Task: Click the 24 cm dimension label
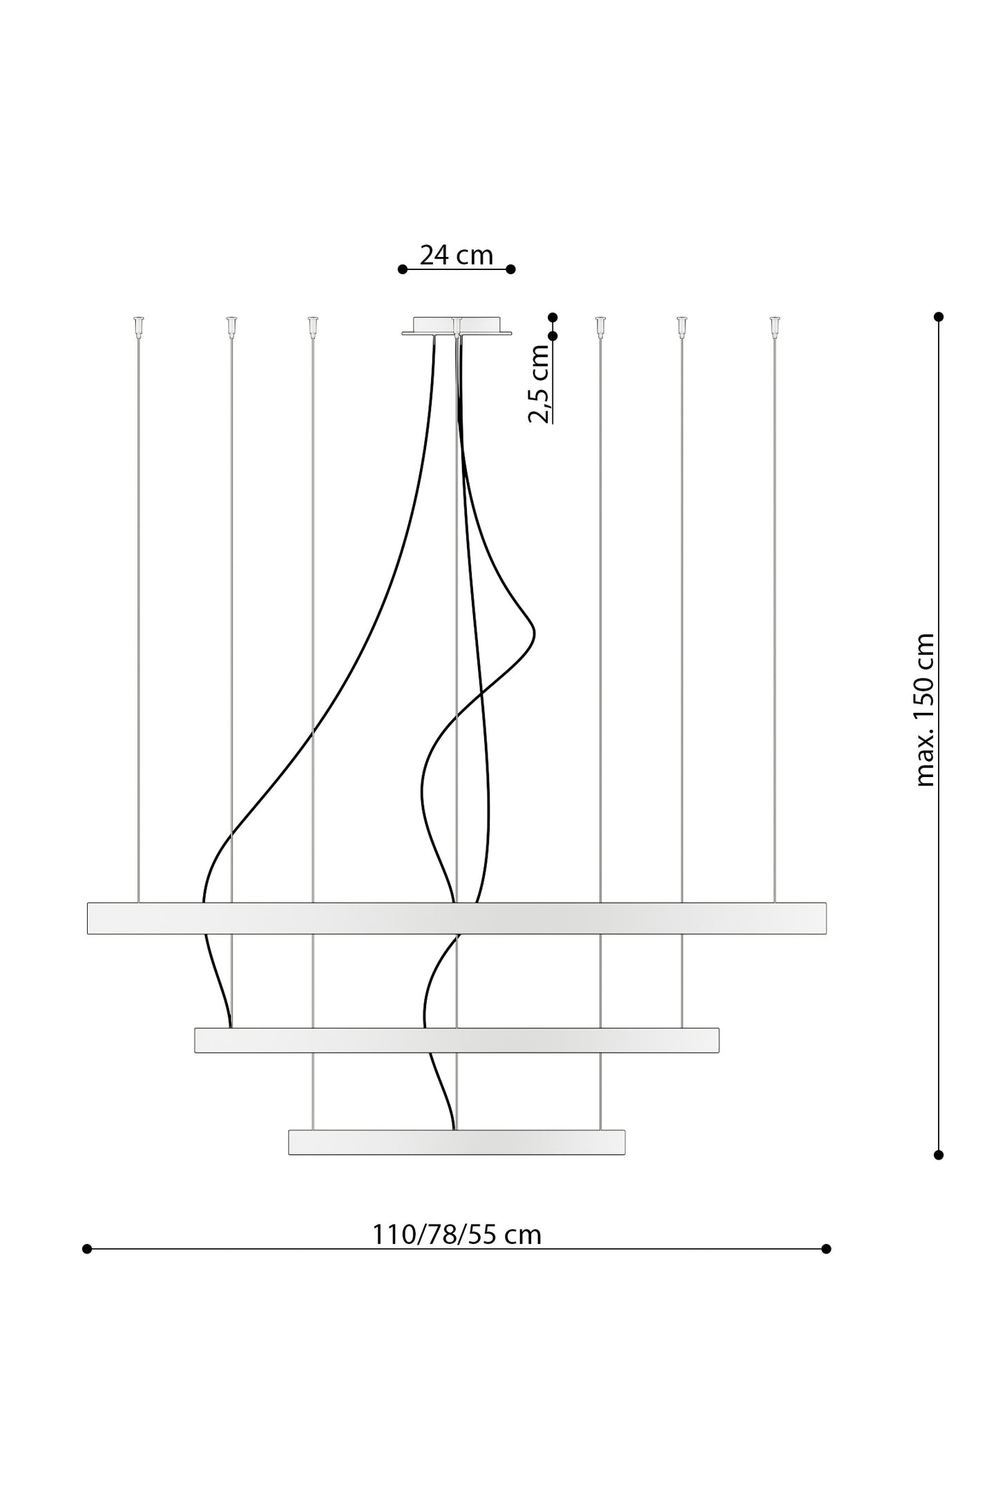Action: tap(457, 255)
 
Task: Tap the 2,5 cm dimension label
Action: tap(539, 383)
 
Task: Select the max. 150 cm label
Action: tap(924, 710)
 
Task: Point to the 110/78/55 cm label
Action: tap(457, 1234)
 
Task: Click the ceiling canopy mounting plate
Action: tap(457, 326)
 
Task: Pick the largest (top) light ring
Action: tap(457, 918)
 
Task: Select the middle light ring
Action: tap(457, 1040)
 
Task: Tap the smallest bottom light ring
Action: tap(457, 1142)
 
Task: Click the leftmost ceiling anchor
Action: tap(139, 327)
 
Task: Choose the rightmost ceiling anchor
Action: tap(774, 327)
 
